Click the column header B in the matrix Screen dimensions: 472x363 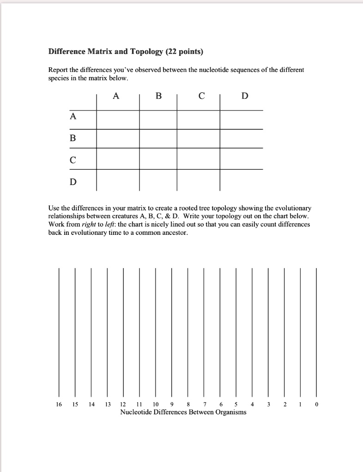(159, 96)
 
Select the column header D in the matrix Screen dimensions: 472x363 (245, 96)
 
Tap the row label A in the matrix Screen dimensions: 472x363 (73, 117)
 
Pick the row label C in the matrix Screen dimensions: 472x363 (73, 160)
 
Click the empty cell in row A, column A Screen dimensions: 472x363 (118, 119)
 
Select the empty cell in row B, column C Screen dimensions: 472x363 (199, 138)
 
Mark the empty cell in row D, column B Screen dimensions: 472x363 (158, 180)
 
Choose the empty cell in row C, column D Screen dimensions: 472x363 (242, 159)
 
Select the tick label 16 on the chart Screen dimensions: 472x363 (58, 405)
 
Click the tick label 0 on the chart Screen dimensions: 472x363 (316, 405)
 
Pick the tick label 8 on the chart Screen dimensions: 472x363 (188, 405)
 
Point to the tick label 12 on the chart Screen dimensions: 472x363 (123, 405)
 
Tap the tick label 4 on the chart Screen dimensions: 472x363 (252, 405)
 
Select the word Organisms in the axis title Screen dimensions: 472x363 (230, 412)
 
